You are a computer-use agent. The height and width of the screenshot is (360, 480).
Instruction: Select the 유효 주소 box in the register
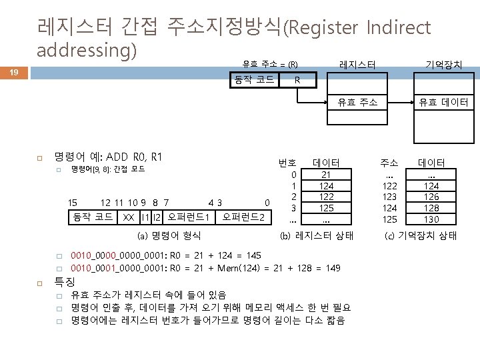coord(357,103)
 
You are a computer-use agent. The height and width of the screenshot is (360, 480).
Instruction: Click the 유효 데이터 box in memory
coord(443,103)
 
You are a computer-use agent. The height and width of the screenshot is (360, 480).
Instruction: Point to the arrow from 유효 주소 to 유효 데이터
coord(404,103)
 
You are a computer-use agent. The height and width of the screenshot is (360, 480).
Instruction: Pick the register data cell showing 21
coord(327,175)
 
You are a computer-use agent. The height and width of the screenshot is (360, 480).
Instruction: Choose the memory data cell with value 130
coord(431,219)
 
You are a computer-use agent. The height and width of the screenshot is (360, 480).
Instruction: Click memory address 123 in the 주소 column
coord(389,197)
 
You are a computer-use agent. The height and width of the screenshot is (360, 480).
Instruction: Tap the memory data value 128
coord(431,208)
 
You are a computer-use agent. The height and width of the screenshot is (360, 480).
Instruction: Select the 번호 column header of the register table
coord(287,163)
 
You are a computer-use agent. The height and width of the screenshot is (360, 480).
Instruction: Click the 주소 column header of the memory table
coord(389,163)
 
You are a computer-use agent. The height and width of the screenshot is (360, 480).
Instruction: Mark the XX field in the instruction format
coord(126,217)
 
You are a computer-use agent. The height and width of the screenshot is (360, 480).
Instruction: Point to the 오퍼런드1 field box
coord(189,217)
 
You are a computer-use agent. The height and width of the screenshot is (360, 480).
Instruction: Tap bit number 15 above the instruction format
coord(73,203)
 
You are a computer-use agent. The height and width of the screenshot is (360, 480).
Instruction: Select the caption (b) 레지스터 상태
coord(316,235)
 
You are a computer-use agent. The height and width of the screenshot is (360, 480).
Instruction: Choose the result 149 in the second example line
coord(331,268)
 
